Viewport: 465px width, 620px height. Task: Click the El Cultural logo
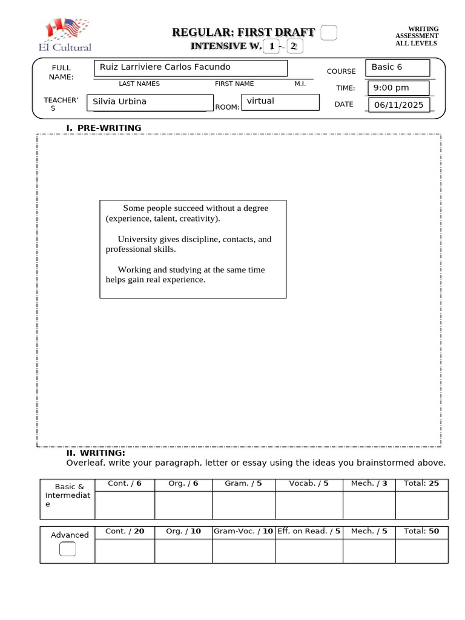68,35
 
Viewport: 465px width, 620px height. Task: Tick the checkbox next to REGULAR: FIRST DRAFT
328,33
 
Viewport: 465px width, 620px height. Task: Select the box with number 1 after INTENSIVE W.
272,47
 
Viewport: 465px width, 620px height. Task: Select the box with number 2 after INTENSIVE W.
294,47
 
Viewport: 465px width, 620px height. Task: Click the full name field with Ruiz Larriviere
190,68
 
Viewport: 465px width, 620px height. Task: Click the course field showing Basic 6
397,67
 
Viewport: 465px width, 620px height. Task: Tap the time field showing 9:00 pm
398,88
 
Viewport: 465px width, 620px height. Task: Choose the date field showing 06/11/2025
399,105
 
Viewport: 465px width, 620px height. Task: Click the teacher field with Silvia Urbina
150,102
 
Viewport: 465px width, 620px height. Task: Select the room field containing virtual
280,102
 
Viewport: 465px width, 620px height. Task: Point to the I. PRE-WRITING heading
104,128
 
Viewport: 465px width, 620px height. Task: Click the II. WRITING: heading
96,453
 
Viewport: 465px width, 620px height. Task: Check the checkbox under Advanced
68,549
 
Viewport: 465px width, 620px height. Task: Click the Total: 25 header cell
421,484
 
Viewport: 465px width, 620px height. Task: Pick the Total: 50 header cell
421,532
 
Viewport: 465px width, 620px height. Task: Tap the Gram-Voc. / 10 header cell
243,532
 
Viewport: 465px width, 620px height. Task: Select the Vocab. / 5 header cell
309,484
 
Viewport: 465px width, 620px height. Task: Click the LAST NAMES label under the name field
139,84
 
